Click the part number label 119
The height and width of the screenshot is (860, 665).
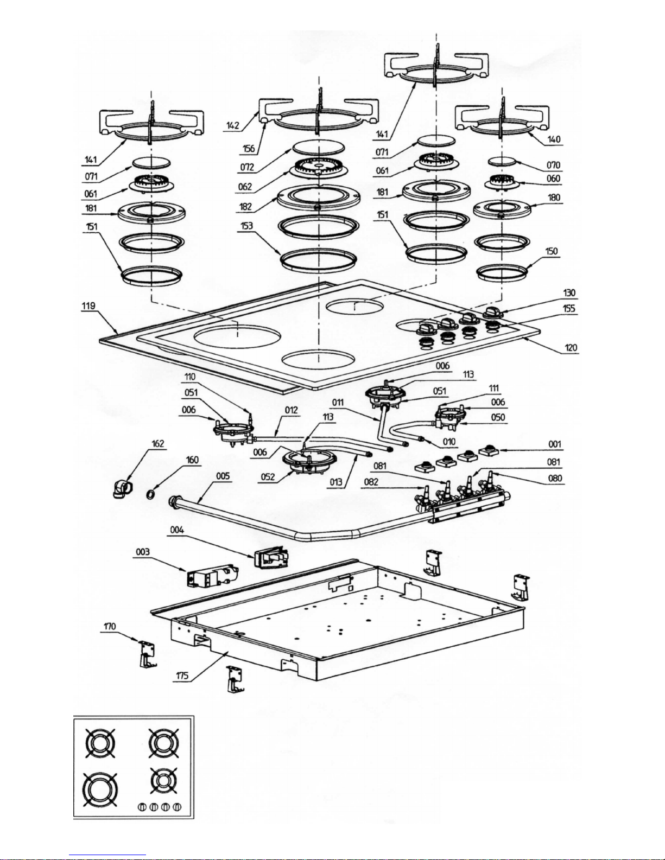point(88,306)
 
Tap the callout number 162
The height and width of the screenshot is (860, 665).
point(157,444)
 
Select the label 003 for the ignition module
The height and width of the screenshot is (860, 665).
point(142,552)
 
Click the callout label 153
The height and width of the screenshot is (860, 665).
point(246,226)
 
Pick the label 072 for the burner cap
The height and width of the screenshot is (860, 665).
point(246,168)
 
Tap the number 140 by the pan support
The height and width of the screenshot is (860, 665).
point(554,139)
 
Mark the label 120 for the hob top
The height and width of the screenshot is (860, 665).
point(571,348)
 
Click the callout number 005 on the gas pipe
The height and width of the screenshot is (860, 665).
point(223,476)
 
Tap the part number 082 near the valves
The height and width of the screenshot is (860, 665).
point(371,482)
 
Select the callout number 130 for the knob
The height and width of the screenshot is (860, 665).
point(569,293)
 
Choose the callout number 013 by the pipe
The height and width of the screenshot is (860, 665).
point(335,482)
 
